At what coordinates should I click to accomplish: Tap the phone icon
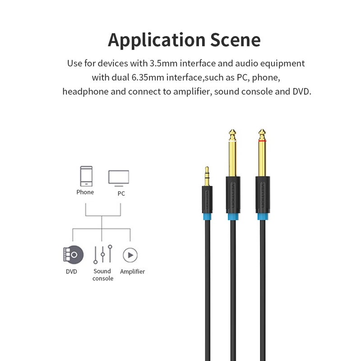pyautogui.click(x=86, y=176)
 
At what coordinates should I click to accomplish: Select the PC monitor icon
pyautogui.click(x=119, y=177)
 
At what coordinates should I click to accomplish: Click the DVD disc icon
pyautogui.click(x=73, y=255)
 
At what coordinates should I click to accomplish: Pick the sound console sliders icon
pyautogui.click(x=102, y=255)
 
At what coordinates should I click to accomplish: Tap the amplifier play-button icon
pyautogui.click(x=130, y=255)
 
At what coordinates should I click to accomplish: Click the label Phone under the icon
pyautogui.click(x=85, y=192)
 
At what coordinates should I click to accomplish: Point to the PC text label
pyautogui.click(x=120, y=193)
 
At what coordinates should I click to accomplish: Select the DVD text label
pyautogui.click(x=71, y=272)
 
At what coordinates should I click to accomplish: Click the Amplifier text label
pyautogui.click(x=132, y=272)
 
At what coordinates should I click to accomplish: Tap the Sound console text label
pyautogui.click(x=102, y=275)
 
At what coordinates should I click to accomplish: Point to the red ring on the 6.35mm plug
pyautogui.click(x=262, y=140)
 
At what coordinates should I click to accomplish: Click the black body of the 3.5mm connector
pyautogui.click(x=207, y=199)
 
